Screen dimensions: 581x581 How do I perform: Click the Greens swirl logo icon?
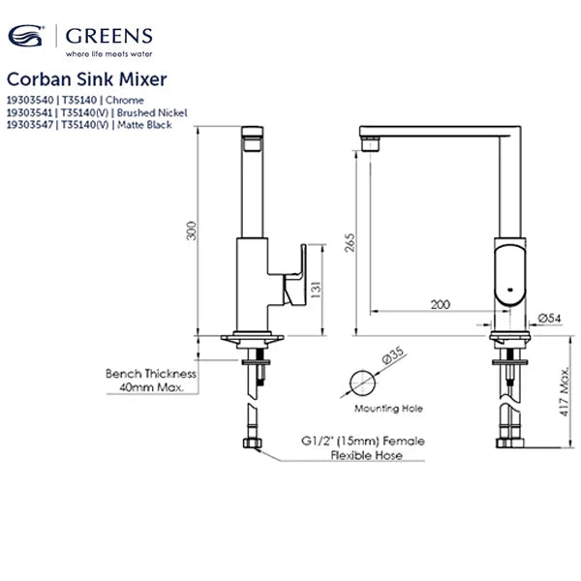(27, 37)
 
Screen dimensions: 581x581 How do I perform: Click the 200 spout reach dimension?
(440, 304)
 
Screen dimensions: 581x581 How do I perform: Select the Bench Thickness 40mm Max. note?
(151, 380)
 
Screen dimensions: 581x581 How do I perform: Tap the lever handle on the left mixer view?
(293, 276)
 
